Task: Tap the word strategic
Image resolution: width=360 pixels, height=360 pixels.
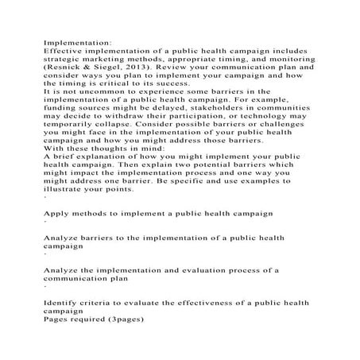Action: click(x=61, y=58)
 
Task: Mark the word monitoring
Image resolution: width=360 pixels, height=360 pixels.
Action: click(x=282, y=58)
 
